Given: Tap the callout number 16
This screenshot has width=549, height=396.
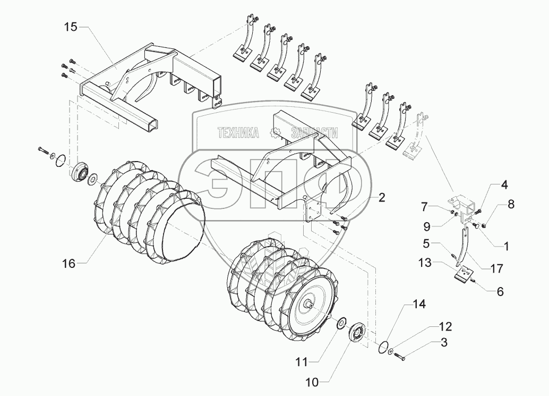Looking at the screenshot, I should pyautogui.click(x=68, y=263).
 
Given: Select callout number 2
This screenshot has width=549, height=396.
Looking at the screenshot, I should pyautogui.click(x=382, y=197).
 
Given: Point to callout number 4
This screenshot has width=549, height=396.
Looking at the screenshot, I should pyautogui.click(x=503, y=186).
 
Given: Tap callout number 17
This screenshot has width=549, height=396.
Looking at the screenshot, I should pyautogui.click(x=497, y=269).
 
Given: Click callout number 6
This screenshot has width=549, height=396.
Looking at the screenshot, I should pyautogui.click(x=500, y=292).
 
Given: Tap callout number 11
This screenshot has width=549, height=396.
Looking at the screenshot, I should pyautogui.click(x=302, y=362).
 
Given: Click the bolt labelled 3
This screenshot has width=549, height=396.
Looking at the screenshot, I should pyautogui.click(x=401, y=358).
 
